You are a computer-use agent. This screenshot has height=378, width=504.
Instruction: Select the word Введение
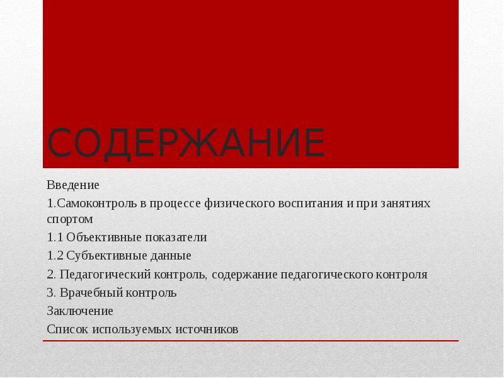(x=73, y=185)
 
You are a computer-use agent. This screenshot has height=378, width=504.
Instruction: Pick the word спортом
(x=70, y=219)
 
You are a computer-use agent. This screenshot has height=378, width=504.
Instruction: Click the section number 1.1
(x=55, y=238)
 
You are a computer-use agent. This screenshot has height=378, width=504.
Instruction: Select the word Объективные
(x=104, y=238)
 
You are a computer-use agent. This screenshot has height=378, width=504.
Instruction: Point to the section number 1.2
(x=55, y=256)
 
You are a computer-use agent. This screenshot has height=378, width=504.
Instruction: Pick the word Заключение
(x=80, y=311)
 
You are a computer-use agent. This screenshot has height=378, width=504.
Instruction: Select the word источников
(x=207, y=329)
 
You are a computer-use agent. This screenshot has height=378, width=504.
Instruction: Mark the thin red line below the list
(x=251, y=341)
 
